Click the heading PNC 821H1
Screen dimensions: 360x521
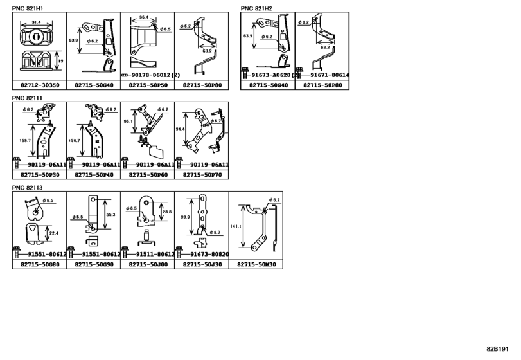click(28, 9)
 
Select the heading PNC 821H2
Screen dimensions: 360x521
click(256, 9)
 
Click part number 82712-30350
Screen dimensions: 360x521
click(39, 85)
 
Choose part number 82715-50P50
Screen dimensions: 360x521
click(147, 85)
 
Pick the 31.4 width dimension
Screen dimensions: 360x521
click(37, 22)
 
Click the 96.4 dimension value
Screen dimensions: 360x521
click(143, 18)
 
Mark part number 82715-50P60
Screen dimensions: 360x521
click(147, 174)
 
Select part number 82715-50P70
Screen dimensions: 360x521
click(201, 174)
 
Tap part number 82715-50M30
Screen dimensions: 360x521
click(255, 264)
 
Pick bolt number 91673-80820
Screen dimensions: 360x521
click(204, 255)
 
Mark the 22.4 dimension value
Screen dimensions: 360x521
click(55, 233)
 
